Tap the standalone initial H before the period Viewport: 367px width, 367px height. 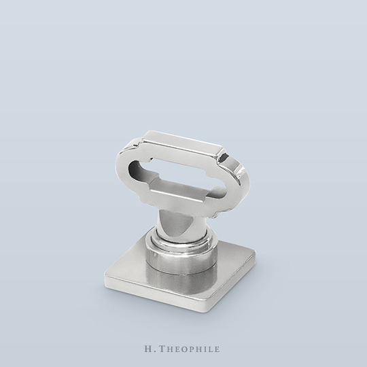click(x=148, y=349)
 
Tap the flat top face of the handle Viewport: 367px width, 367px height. click(x=183, y=142)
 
